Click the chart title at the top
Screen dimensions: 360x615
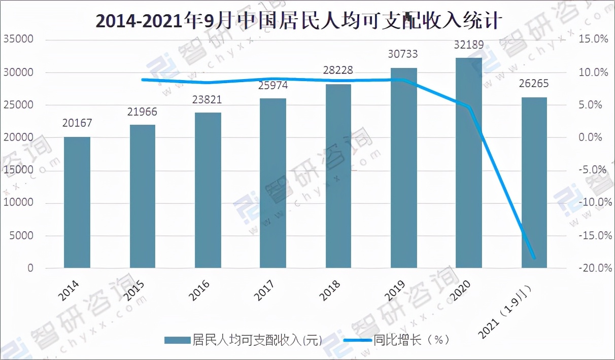point(299,21)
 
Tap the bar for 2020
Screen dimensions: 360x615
point(469,162)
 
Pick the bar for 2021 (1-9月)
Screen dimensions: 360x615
point(534,183)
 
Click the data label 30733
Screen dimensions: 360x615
point(404,54)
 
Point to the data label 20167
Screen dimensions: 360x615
point(77,123)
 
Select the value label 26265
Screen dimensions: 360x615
point(534,83)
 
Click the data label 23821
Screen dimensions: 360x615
point(208,99)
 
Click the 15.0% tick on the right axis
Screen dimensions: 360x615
point(593,40)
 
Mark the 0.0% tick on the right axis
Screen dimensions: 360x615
point(593,137)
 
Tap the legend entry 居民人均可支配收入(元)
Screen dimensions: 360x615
point(243,340)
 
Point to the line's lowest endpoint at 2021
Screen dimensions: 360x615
point(534,258)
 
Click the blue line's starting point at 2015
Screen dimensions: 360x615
point(143,80)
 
